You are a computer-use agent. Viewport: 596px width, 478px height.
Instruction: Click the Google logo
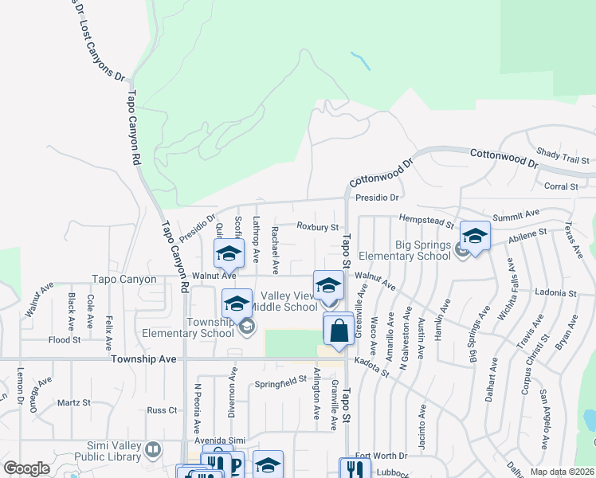point(26,468)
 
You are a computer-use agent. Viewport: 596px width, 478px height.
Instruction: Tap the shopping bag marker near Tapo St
point(339,330)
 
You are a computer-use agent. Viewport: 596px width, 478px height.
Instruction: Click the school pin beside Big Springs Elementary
point(475,237)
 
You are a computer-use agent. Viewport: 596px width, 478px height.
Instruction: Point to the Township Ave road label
point(144,359)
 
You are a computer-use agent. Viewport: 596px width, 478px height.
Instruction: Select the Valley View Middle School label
point(284,301)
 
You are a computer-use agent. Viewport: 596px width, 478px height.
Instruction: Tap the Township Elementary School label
point(187,327)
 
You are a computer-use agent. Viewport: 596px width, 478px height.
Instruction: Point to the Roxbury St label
point(318,227)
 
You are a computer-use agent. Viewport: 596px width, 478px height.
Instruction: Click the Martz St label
point(74,402)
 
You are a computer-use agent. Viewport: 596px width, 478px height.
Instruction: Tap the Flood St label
point(65,339)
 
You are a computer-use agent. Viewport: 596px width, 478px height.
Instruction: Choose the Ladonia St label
point(555,293)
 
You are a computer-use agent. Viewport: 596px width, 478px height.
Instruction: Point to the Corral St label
point(561,186)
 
